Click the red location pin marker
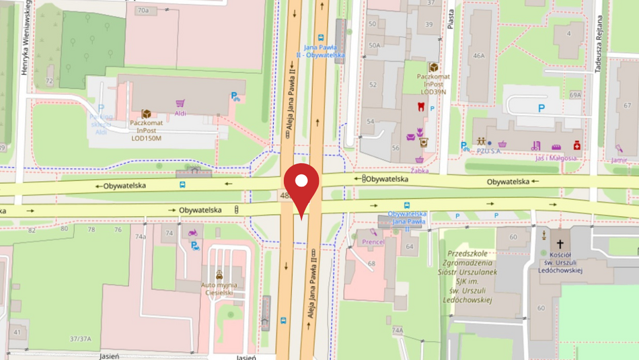pyautogui.click(x=301, y=185)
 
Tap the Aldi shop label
pyautogui.click(x=180, y=113)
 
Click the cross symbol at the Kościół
pyautogui.click(x=560, y=244)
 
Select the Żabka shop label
pyautogui.click(x=420, y=170)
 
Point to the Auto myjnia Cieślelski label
pyautogui.click(x=219, y=287)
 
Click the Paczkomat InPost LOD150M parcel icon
pyautogui.click(x=146, y=114)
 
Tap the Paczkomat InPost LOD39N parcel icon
pyautogui.click(x=433, y=68)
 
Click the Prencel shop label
pyautogui.click(x=373, y=242)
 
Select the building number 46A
pyautogui.click(x=478, y=56)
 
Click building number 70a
pyautogui.click(x=143, y=11)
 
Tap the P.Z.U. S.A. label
pyautogui.click(x=489, y=151)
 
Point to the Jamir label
pyautogui.click(x=619, y=160)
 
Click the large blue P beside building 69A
pyautogui.click(x=541, y=108)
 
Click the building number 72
pyautogui.click(x=48, y=81)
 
